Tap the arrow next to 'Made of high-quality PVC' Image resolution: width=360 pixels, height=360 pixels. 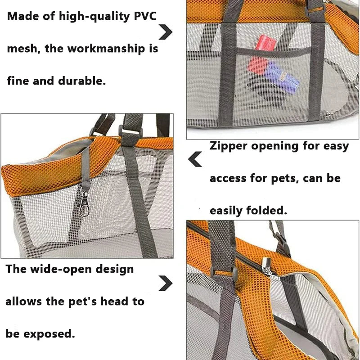(166, 32)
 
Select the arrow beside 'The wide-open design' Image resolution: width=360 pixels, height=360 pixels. (166, 283)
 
